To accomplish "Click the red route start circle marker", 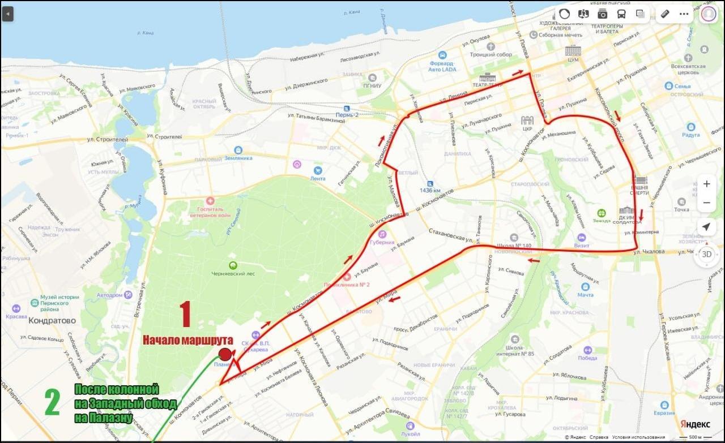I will (225, 355).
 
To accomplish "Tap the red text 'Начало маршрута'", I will (187, 340).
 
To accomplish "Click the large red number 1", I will (185, 314).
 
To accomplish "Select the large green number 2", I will (52, 402).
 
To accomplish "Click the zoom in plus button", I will (706, 184).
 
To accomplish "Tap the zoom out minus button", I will (706, 203).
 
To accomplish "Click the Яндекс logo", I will (695, 424).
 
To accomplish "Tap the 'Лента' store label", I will (318, 178).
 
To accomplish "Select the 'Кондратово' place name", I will (52, 320).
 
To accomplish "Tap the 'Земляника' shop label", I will (238, 158).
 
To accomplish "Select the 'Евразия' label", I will (664, 413).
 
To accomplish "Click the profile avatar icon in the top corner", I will (708, 14).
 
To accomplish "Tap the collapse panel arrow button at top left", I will (7, 14).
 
